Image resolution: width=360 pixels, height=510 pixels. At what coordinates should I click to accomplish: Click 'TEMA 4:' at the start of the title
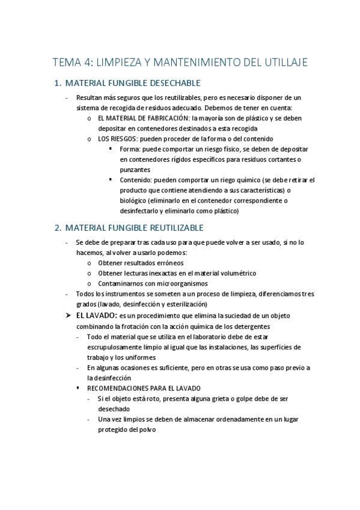coord(71,63)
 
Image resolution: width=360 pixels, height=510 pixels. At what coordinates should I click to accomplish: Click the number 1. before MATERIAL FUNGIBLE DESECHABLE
coord(58,83)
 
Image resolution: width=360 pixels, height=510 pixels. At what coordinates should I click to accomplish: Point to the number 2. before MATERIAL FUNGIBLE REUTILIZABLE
coord(58,228)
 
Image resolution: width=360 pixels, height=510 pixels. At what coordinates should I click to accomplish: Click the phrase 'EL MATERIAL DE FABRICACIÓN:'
coord(139,118)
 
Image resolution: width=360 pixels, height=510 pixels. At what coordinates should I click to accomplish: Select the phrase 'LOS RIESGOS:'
coord(118,138)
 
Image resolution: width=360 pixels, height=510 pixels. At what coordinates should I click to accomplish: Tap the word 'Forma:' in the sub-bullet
coord(130,149)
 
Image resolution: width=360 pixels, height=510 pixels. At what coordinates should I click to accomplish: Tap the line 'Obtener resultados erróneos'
coord(141,263)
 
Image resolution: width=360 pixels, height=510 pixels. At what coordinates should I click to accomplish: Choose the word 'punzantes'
coord(135,170)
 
